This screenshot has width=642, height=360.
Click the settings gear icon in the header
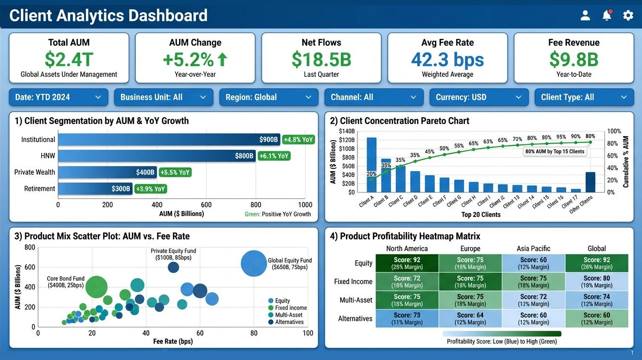click(628, 16)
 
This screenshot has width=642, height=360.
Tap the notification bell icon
click(606, 16)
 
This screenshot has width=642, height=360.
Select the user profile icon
click(585, 16)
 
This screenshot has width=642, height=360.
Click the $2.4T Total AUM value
click(69, 59)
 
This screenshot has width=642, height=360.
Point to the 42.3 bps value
click(447, 59)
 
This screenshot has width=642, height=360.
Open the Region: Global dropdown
click(268, 97)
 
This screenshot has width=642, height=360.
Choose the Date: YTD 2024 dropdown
click(58, 97)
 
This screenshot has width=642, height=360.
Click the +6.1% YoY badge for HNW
click(274, 156)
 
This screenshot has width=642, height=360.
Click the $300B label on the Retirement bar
click(121, 189)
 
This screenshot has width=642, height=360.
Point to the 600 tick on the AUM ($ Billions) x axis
click(206, 205)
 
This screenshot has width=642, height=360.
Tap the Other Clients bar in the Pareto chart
click(590, 182)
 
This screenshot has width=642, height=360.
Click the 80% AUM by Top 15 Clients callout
click(555, 152)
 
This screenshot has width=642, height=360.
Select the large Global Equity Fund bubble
click(253, 263)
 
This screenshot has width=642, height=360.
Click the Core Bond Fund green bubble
click(96, 287)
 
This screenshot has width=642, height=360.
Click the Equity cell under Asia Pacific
click(534, 263)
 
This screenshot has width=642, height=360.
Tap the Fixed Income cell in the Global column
click(596, 282)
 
